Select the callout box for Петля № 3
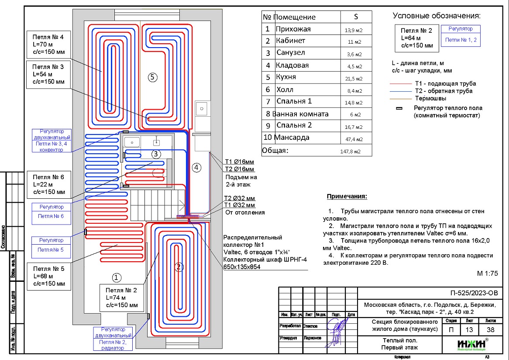tap(48, 75)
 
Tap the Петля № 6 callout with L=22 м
tap(48, 185)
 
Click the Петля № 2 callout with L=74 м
tap(122, 298)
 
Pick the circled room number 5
tap(152, 77)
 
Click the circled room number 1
tap(116, 277)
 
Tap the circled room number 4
tap(196, 167)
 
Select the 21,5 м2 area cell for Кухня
tap(356, 79)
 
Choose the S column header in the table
tap(356, 17)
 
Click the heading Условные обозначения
tap(437, 16)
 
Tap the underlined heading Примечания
tap(347, 197)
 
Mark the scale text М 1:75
tap(488, 274)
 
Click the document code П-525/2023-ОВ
tap(473, 293)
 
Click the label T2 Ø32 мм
tap(239, 198)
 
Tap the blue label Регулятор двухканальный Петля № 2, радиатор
tap(113, 339)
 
